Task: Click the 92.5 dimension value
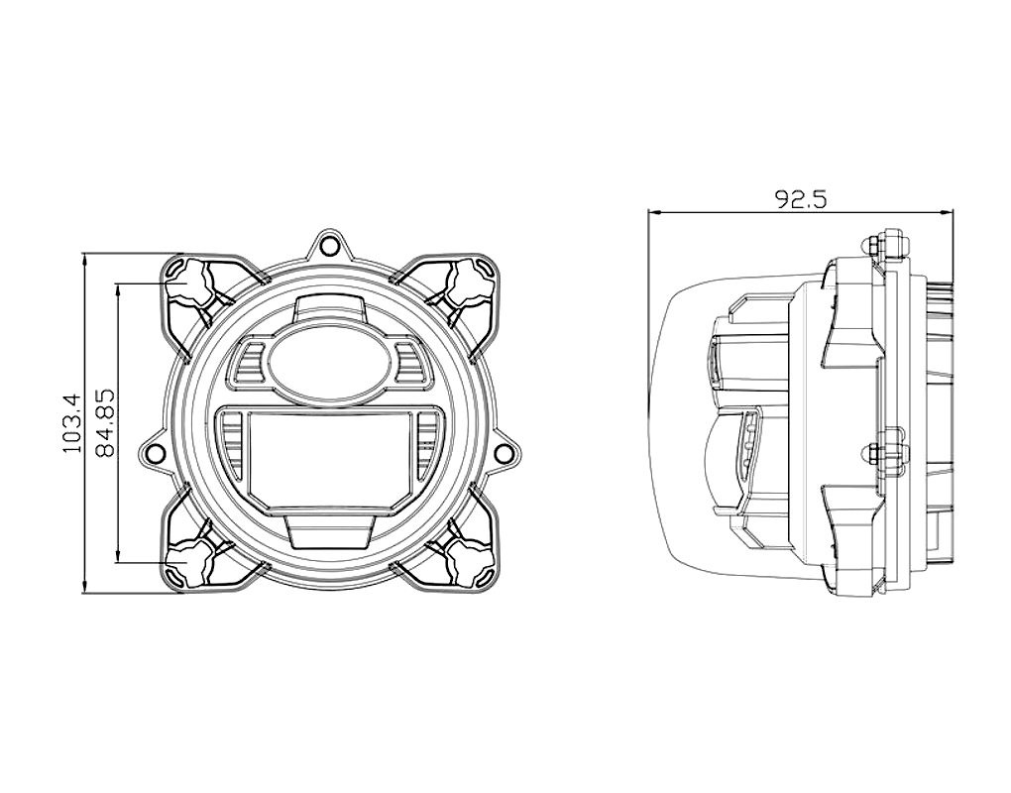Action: point(800,200)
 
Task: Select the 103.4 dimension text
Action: point(72,423)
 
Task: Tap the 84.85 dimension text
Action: point(104,422)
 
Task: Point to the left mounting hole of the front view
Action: point(154,452)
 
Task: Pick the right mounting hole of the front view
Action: point(506,452)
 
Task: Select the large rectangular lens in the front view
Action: point(329,458)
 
